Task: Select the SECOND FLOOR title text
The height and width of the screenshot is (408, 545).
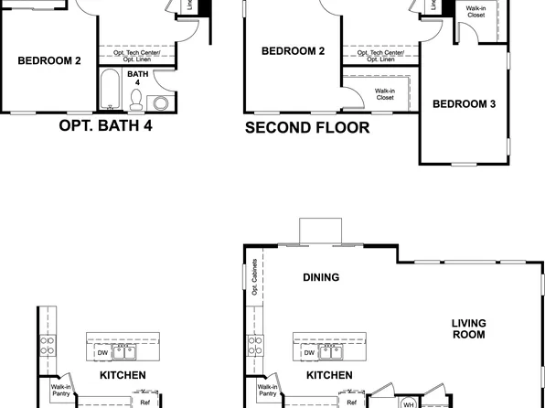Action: (307, 128)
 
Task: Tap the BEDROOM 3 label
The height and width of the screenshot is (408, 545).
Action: (464, 104)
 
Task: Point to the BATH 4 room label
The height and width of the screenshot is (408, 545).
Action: (138, 79)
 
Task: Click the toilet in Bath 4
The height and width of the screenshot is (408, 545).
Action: (136, 97)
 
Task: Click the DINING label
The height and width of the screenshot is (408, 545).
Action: (321, 277)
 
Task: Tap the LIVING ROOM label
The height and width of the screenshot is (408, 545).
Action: (468, 329)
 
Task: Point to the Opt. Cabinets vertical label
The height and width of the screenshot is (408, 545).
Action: (253, 277)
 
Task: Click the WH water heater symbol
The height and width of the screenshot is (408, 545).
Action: (410, 403)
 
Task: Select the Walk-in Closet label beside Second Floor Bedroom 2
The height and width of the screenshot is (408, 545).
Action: (384, 94)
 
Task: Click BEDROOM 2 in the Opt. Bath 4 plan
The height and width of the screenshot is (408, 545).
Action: (49, 61)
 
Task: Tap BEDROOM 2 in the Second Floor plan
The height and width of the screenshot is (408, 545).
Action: (294, 51)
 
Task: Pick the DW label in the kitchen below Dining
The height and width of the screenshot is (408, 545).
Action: (310, 352)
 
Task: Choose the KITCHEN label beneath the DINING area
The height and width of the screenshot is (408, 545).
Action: (329, 375)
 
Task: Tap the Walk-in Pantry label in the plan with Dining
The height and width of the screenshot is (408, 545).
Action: (267, 390)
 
